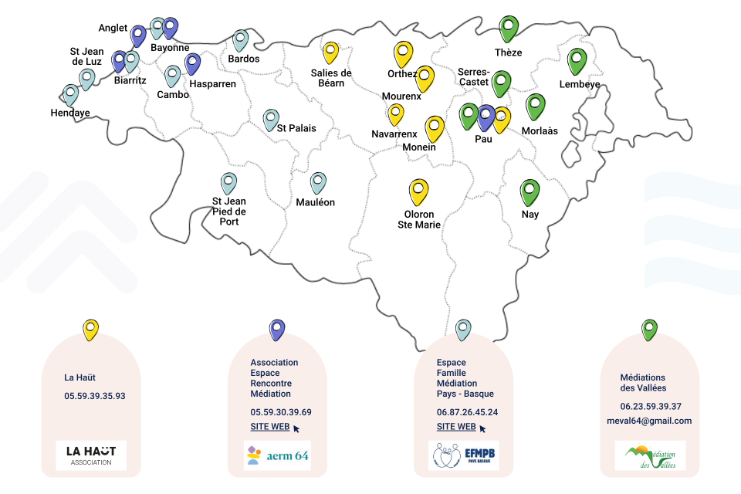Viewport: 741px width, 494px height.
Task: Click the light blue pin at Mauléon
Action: point(318,182)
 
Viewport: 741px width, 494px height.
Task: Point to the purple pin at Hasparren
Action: point(192,63)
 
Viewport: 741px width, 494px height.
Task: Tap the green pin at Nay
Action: point(530,191)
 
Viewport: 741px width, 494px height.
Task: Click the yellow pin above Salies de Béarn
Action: point(331,52)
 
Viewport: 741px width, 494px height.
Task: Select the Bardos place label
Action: point(244,59)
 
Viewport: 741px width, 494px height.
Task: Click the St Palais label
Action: point(296,128)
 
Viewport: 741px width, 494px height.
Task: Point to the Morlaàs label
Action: point(540,131)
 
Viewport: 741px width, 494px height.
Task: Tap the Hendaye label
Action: point(70,113)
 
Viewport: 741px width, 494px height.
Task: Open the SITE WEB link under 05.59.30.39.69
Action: point(270,426)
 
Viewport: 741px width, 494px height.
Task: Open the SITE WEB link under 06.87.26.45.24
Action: point(456,426)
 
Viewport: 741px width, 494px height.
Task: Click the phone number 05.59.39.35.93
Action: point(95,396)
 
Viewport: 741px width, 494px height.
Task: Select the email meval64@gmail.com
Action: point(649,421)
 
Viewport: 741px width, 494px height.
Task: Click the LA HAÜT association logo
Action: point(91,455)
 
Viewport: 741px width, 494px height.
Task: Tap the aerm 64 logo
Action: point(277,455)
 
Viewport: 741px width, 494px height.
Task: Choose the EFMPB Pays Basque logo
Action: point(464,455)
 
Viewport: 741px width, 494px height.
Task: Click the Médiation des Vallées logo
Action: point(650,455)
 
